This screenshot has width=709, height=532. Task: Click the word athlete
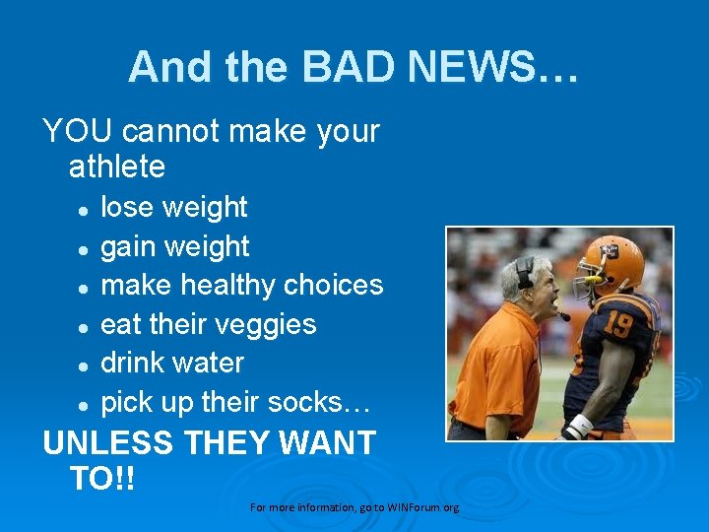tap(117, 166)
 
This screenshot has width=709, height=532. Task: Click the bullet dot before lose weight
tap(86, 209)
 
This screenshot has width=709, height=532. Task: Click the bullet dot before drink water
tap(86, 365)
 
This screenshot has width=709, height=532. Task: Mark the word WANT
tap(328, 442)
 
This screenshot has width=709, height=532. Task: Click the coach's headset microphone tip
tap(564, 316)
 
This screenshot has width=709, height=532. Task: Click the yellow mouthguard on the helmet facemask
tap(592, 280)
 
